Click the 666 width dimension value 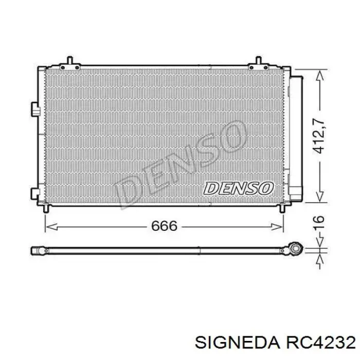coord(164,226)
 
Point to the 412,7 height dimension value coord(319,136)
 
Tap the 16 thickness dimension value coord(319,222)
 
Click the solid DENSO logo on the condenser coord(239,189)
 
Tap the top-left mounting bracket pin coord(70,60)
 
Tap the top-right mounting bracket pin coord(259,60)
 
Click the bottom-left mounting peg coord(46,209)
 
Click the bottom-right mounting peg coord(282,209)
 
